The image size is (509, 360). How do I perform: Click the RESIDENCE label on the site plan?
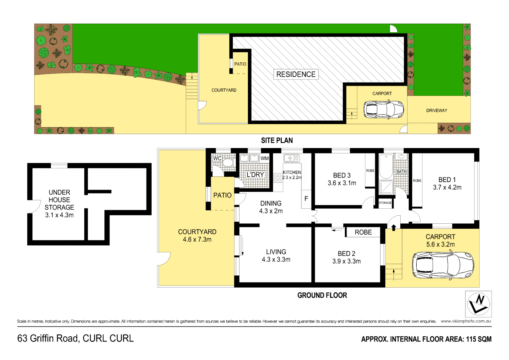296,74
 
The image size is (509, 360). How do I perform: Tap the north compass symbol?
478,304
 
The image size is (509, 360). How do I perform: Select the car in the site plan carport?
384,109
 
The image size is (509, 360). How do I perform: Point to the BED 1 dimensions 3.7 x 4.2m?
447,188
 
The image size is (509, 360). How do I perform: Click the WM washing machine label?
264,158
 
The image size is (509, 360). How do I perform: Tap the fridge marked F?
306,199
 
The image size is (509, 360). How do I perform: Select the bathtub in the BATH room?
386,167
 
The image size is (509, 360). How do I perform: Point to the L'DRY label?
255,175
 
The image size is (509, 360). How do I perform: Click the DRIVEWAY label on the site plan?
437,111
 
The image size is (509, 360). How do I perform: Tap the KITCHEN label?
292,172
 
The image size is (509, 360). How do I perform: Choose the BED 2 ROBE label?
363,232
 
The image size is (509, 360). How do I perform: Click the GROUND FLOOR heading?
322,295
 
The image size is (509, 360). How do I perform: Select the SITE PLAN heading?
277,140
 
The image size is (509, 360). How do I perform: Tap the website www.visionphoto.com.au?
466,321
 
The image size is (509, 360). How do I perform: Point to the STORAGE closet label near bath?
385,203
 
